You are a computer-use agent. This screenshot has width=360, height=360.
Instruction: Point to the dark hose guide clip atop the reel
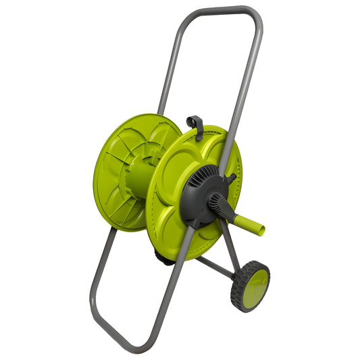click(195, 124)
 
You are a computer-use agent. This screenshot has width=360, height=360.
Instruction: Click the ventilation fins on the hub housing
click(203, 177)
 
